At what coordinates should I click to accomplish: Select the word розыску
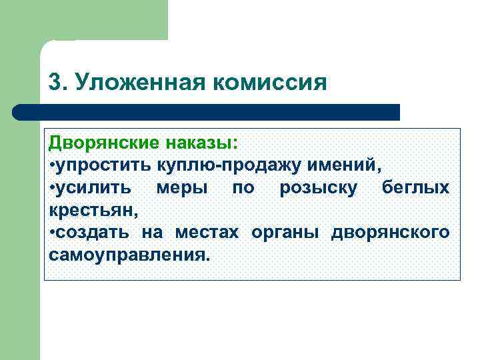click(317, 188)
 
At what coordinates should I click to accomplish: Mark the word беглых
click(415, 187)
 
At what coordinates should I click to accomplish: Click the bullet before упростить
click(53, 165)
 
